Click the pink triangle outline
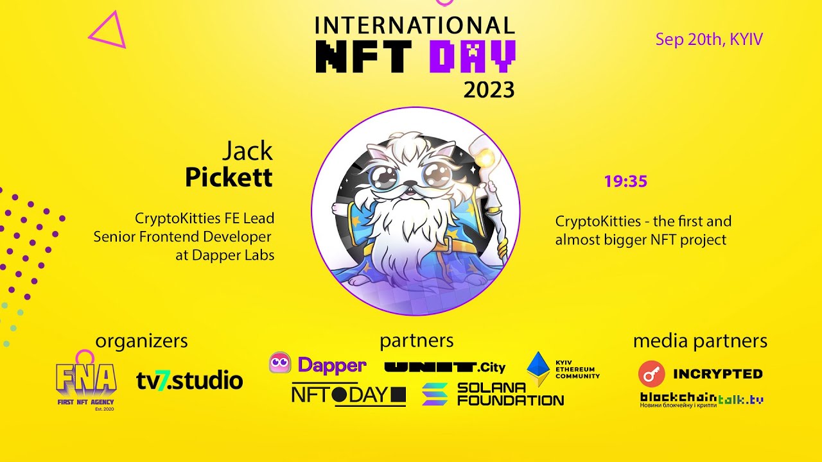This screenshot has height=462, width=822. (x=107, y=32)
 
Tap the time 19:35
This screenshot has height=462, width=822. (x=625, y=182)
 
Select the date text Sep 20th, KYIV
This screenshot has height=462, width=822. (x=708, y=40)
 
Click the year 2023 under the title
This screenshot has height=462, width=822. (x=489, y=90)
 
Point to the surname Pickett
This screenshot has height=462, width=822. (x=229, y=178)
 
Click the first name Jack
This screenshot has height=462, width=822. (x=247, y=151)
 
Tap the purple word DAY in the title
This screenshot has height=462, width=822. (x=472, y=56)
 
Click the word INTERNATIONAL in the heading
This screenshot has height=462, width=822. (x=414, y=25)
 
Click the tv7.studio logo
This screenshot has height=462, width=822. (x=189, y=381)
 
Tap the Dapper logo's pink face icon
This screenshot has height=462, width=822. (x=280, y=364)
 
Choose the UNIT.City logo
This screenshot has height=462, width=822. (x=444, y=367)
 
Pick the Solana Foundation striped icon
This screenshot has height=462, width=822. (x=435, y=394)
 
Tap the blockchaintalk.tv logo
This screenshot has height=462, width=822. (x=701, y=400)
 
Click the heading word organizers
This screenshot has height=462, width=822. (x=141, y=341)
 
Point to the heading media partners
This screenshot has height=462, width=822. (x=700, y=341)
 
